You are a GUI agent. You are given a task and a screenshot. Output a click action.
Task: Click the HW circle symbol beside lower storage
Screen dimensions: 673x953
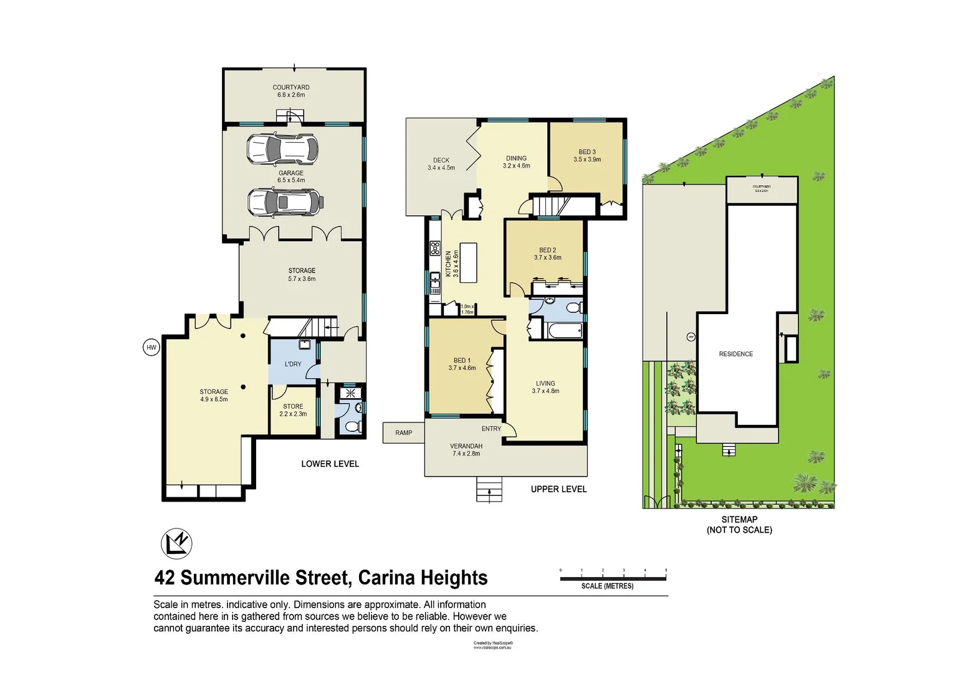click(x=151, y=348)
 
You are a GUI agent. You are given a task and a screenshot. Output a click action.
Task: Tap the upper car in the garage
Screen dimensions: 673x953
click(x=282, y=148)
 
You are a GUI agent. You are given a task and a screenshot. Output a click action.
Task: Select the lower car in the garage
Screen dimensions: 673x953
click(x=284, y=202)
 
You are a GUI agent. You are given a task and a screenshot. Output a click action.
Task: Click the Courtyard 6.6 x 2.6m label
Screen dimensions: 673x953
click(x=291, y=91)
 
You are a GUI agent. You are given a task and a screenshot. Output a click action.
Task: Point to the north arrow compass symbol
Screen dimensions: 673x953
click(x=176, y=543)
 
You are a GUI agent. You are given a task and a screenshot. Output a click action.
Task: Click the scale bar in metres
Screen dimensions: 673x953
click(x=613, y=578)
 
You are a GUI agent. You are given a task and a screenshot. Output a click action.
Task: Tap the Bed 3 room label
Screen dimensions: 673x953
click(x=587, y=155)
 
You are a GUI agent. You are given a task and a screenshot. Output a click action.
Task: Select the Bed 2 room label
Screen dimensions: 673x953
click(x=547, y=254)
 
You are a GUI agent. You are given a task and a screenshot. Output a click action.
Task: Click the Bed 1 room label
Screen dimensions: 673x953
click(x=462, y=364)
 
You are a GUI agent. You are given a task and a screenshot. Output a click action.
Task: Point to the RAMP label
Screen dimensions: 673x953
click(x=403, y=432)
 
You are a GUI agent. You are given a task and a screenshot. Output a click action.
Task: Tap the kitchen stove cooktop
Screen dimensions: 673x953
click(x=434, y=248)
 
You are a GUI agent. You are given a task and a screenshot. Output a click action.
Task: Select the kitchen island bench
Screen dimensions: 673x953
click(x=468, y=263)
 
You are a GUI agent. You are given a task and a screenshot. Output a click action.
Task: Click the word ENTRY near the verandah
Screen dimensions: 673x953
click(x=491, y=429)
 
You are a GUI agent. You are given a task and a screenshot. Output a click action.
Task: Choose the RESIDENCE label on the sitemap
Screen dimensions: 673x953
click(x=735, y=354)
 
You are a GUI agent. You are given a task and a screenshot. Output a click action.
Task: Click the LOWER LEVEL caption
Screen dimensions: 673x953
click(x=330, y=464)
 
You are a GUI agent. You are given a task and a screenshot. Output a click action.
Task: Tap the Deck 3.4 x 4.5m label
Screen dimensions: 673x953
click(x=441, y=164)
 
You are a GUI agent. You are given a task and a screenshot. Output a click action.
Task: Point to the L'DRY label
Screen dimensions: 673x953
click(x=293, y=364)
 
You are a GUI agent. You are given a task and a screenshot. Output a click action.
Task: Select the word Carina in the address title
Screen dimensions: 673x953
click(x=387, y=578)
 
